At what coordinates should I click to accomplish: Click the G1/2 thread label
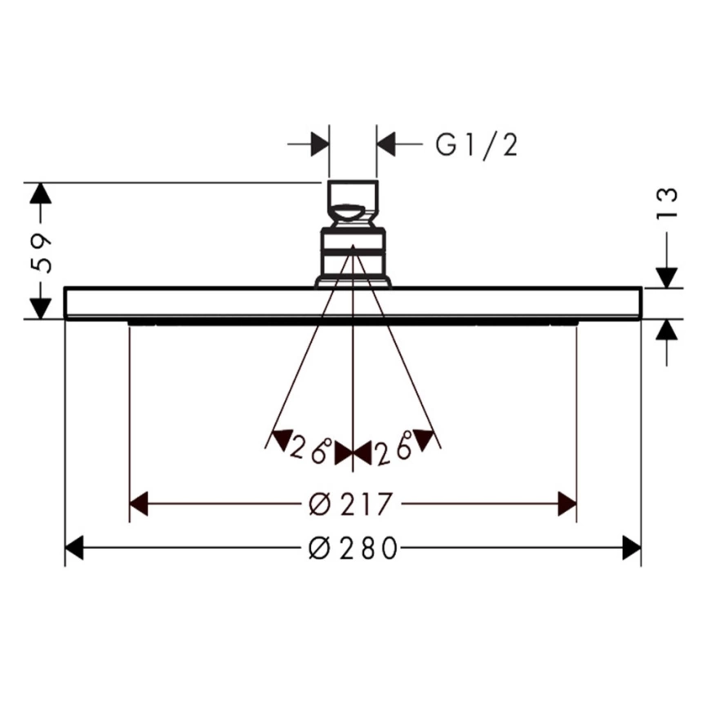click(477, 145)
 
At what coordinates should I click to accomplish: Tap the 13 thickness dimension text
click(667, 203)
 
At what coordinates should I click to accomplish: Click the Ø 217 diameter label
click(351, 504)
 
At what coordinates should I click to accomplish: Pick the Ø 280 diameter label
click(353, 548)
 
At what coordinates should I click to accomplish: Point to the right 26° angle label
click(394, 447)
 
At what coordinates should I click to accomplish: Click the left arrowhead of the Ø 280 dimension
click(74, 548)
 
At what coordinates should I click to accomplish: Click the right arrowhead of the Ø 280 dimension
click(631, 548)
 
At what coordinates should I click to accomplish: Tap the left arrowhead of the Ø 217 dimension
click(139, 504)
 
